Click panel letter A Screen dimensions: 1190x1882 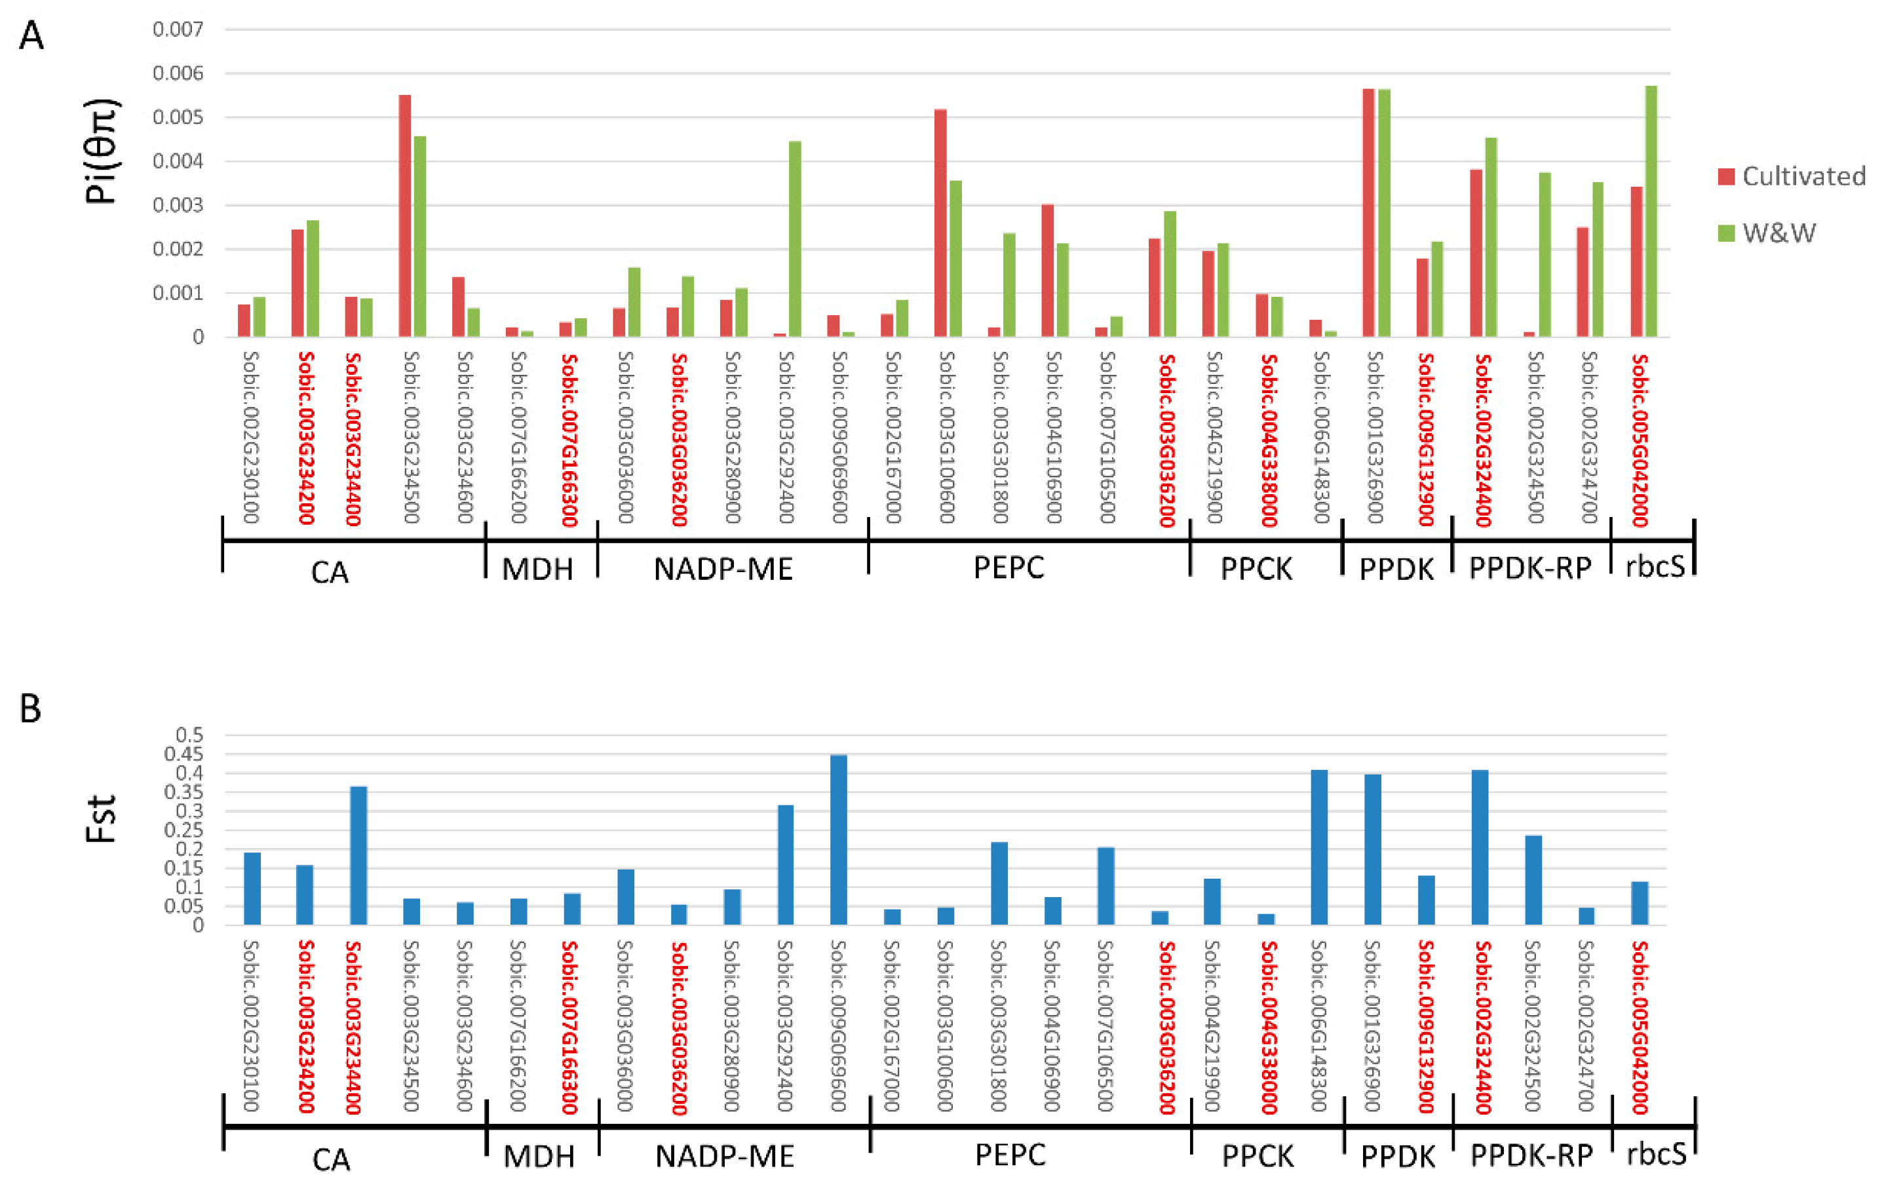click(x=31, y=36)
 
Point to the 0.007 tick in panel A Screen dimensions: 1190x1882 click(x=178, y=29)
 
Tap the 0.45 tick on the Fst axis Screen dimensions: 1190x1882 click(x=183, y=754)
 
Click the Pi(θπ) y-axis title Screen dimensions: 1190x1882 click(x=102, y=151)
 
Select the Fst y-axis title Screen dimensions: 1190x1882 click(x=102, y=819)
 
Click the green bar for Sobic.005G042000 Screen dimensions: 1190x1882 click(x=1651, y=211)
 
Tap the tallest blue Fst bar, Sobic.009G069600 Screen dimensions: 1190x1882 click(x=839, y=840)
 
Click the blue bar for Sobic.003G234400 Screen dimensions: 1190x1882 click(x=358, y=856)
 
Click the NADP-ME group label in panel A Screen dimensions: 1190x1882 click(x=723, y=569)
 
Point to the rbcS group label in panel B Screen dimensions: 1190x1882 click(x=1655, y=1155)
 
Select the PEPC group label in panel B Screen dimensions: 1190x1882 click(x=1010, y=1155)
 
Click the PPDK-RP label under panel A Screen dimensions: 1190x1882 click(x=1529, y=569)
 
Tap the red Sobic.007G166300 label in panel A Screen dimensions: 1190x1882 click(x=569, y=439)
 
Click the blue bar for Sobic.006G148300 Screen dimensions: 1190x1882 click(x=1319, y=848)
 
